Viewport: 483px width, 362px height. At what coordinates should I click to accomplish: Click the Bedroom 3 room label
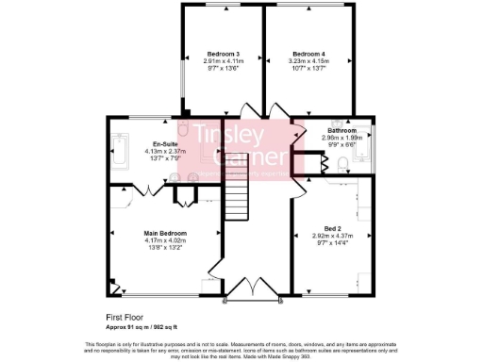(x=224, y=54)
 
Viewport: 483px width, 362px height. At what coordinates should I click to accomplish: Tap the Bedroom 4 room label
(x=308, y=54)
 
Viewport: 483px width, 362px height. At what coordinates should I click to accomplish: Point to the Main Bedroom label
(x=165, y=233)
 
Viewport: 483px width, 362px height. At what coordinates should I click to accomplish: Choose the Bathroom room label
(x=341, y=130)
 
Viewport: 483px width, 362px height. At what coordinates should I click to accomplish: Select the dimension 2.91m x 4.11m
(x=224, y=61)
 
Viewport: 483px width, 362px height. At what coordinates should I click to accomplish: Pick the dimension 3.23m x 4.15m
(x=308, y=61)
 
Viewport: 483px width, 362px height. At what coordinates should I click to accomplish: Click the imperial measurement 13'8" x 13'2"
(x=165, y=248)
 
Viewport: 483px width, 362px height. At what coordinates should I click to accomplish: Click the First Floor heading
(x=124, y=319)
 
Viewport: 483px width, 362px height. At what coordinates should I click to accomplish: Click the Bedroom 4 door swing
(x=279, y=109)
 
